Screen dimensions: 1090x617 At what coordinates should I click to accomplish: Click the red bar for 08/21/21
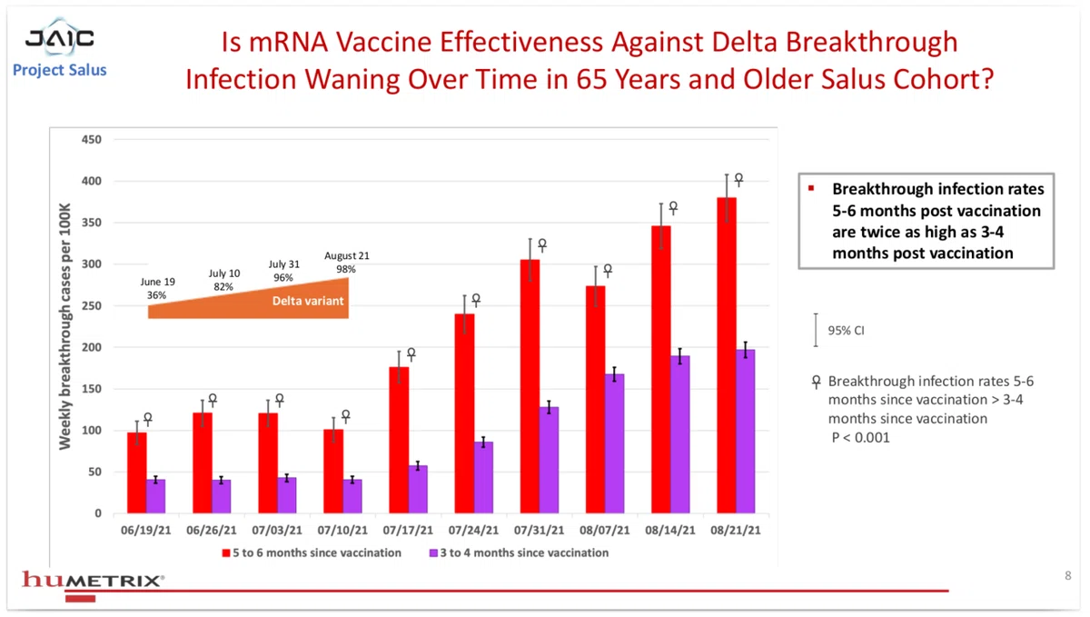coord(727,355)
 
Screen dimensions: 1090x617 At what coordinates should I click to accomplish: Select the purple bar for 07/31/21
coord(549,460)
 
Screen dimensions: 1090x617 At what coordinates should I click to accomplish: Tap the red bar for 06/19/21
coord(137,473)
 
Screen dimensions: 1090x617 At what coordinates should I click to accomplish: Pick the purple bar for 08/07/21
coord(615,443)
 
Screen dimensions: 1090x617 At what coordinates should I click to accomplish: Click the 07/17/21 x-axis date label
coord(408,531)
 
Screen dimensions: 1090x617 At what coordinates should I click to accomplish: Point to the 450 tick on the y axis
coord(92,140)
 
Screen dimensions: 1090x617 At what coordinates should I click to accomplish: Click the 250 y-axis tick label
coord(92,306)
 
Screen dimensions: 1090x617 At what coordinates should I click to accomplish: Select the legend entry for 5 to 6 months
coord(312,552)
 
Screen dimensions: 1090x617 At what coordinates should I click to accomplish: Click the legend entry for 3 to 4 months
coord(520,552)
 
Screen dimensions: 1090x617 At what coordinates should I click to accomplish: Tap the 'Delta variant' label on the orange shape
coord(308,301)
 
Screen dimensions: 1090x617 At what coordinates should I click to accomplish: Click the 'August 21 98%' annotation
coord(346,262)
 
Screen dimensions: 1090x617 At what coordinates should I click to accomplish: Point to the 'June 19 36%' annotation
coord(157,288)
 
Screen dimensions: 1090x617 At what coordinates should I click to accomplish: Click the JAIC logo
coord(60,38)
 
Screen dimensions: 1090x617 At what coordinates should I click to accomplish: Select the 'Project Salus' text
coord(59,70)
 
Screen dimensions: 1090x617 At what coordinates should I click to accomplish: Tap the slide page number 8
coord(1068,575)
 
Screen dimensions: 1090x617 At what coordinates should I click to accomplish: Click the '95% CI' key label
coord(847,331)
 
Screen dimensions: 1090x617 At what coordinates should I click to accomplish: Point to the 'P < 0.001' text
coord(860,437)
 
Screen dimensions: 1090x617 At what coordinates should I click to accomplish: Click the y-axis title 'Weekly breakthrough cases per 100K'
coord(64,326)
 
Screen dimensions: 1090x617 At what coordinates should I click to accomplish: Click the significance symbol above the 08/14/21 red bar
coord(673,208)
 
